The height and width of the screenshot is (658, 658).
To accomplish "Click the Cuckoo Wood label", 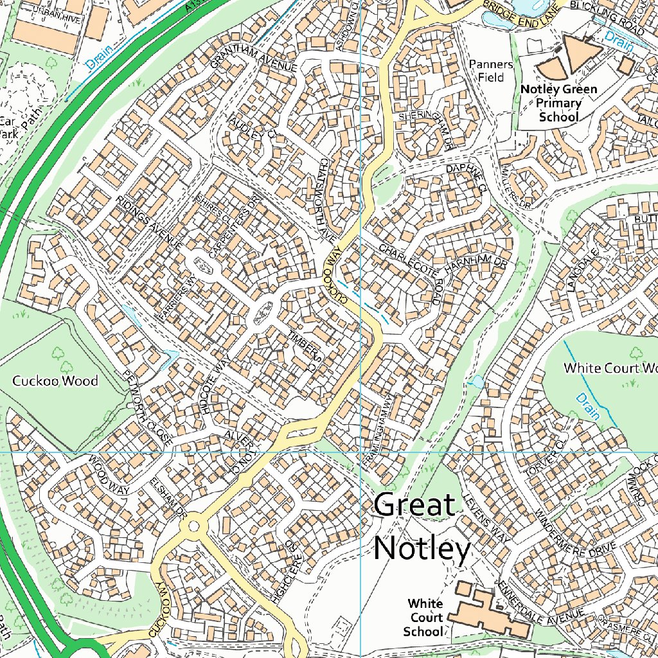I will pyautogui.click(x=55, y=381).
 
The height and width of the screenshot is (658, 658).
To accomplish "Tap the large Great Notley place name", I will pyautogui.click(x=421, y=528).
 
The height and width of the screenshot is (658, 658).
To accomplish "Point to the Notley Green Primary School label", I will pyautogui.click(x=558, y=103).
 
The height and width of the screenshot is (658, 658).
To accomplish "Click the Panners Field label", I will pyautogui.click(x=491, y=71).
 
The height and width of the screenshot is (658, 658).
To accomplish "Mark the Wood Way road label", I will pyautogui.click(x=109, y=476).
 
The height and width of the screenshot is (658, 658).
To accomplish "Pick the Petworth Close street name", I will pyautogui.click(x=148, y=417).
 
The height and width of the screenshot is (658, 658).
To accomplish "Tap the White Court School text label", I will pyautogui.click(x=425, y=618).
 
